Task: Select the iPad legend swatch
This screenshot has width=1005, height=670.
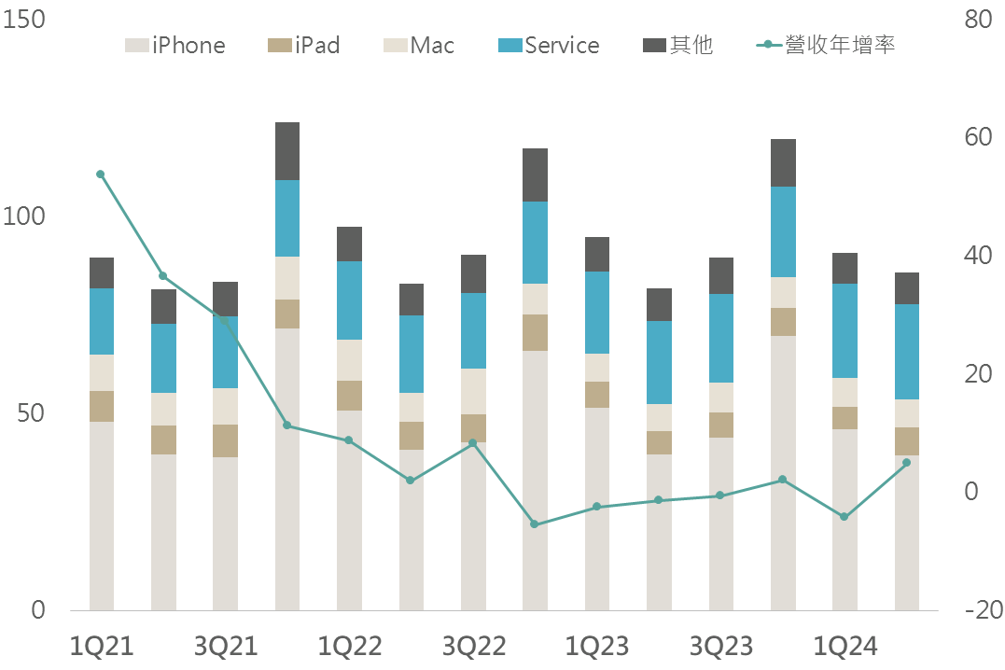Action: click(x=279, y=45)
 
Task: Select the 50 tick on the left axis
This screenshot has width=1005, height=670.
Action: click(x=31, y=413)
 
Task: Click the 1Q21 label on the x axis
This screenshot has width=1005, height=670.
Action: click(x=103, y=646)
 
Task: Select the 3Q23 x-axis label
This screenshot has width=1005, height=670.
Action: click(x=721, y=646)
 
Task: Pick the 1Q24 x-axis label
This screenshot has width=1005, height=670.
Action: click(x=845, y=646)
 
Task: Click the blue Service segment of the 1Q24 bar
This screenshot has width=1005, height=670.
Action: click(x=844, y=330)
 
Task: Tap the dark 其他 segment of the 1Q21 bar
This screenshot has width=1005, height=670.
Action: click(x=102, y=272)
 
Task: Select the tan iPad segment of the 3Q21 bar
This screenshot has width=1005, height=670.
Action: click(x=225, y=440)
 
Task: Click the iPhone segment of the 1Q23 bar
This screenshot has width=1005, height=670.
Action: click(x=597, y=509)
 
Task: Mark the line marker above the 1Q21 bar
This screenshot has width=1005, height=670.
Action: click(x=101, y=174)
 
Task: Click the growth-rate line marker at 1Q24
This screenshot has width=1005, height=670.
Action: click(x=844, y=517)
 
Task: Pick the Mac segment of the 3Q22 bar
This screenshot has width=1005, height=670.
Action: click(x=473, y=391)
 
